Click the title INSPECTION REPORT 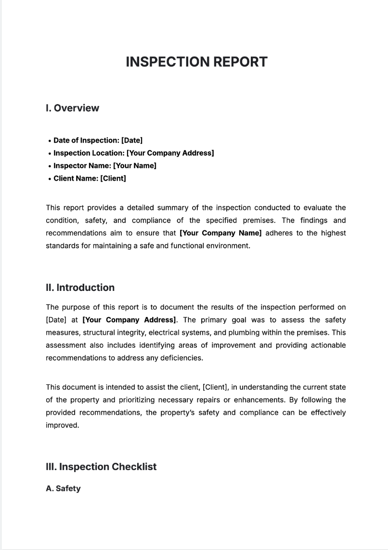(196, 62)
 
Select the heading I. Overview (72, 108)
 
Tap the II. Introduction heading (80, 288)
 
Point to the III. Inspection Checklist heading (101, 467)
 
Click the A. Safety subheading (63, 488)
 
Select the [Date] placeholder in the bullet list (131, 140)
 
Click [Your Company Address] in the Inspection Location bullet (170, 153)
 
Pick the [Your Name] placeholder (134, 166)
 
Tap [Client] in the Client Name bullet (113, 178)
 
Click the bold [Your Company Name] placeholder (220, 233)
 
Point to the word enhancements (276, 400)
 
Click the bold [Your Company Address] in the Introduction (129, 320)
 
